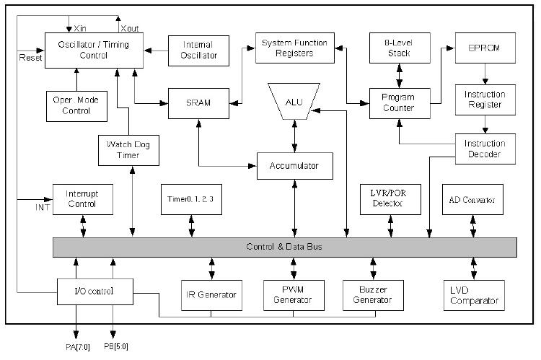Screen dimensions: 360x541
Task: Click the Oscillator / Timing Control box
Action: [94, 51]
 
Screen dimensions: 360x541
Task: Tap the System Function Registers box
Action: [294, 48]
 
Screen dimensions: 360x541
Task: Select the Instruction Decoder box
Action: [484, 148]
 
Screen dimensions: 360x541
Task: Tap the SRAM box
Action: [198, 103]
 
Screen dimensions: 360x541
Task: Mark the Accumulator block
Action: [294, 166]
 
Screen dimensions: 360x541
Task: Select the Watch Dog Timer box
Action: [118, 149]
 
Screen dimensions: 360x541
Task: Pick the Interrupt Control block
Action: [84, 198]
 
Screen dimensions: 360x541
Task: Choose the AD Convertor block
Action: [473, 198]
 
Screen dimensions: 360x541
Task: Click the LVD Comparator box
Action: [474, 295]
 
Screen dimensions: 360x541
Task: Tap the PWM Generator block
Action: [294, 295]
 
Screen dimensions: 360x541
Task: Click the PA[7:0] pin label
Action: [79, 346]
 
